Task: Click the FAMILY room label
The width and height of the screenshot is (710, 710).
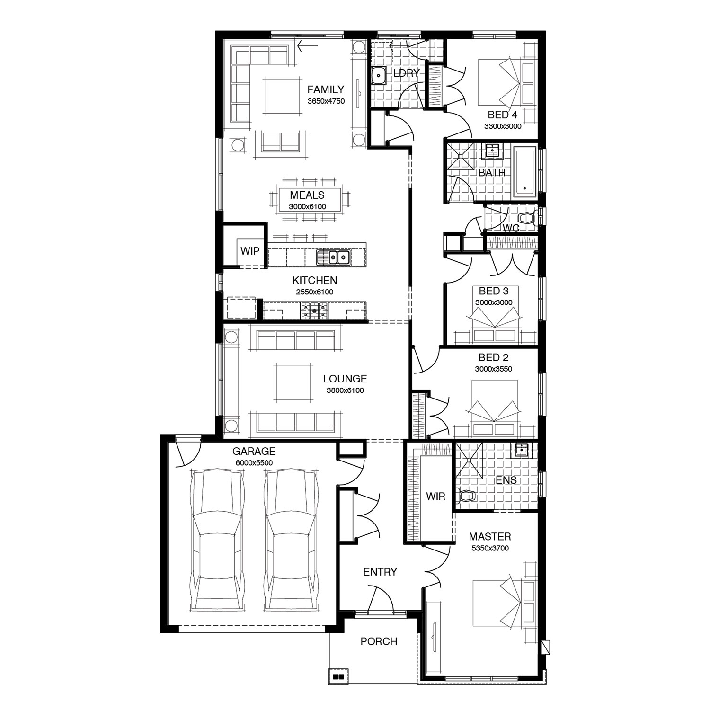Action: (x=326, y=89)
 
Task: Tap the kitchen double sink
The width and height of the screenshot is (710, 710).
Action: (x=334, y=257)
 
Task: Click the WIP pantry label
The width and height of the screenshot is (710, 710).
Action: (x=250, y=251)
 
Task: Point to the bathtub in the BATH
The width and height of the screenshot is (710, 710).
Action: (x=524, y=172)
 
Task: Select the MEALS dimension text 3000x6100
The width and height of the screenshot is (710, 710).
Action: (x=307, y=207)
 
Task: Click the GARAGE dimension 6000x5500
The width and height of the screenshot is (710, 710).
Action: (x=254, y=463)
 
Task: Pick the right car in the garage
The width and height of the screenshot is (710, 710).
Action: (x=291, y=540)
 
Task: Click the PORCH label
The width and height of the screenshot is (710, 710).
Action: (x=379, y=641)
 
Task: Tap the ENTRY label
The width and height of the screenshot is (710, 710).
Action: (x=380, y=572)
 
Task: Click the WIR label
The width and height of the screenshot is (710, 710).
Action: (x=435, y=497)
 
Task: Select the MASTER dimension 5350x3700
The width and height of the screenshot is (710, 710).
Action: (x=490, y=548)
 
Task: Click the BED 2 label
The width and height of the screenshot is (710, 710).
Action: (x=494, y=358)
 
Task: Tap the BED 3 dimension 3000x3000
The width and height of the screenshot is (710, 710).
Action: (x=494, y=302)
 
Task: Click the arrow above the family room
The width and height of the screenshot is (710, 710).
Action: (x=307, y=46)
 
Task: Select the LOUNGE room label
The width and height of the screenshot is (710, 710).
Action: (x=345, y=379)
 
